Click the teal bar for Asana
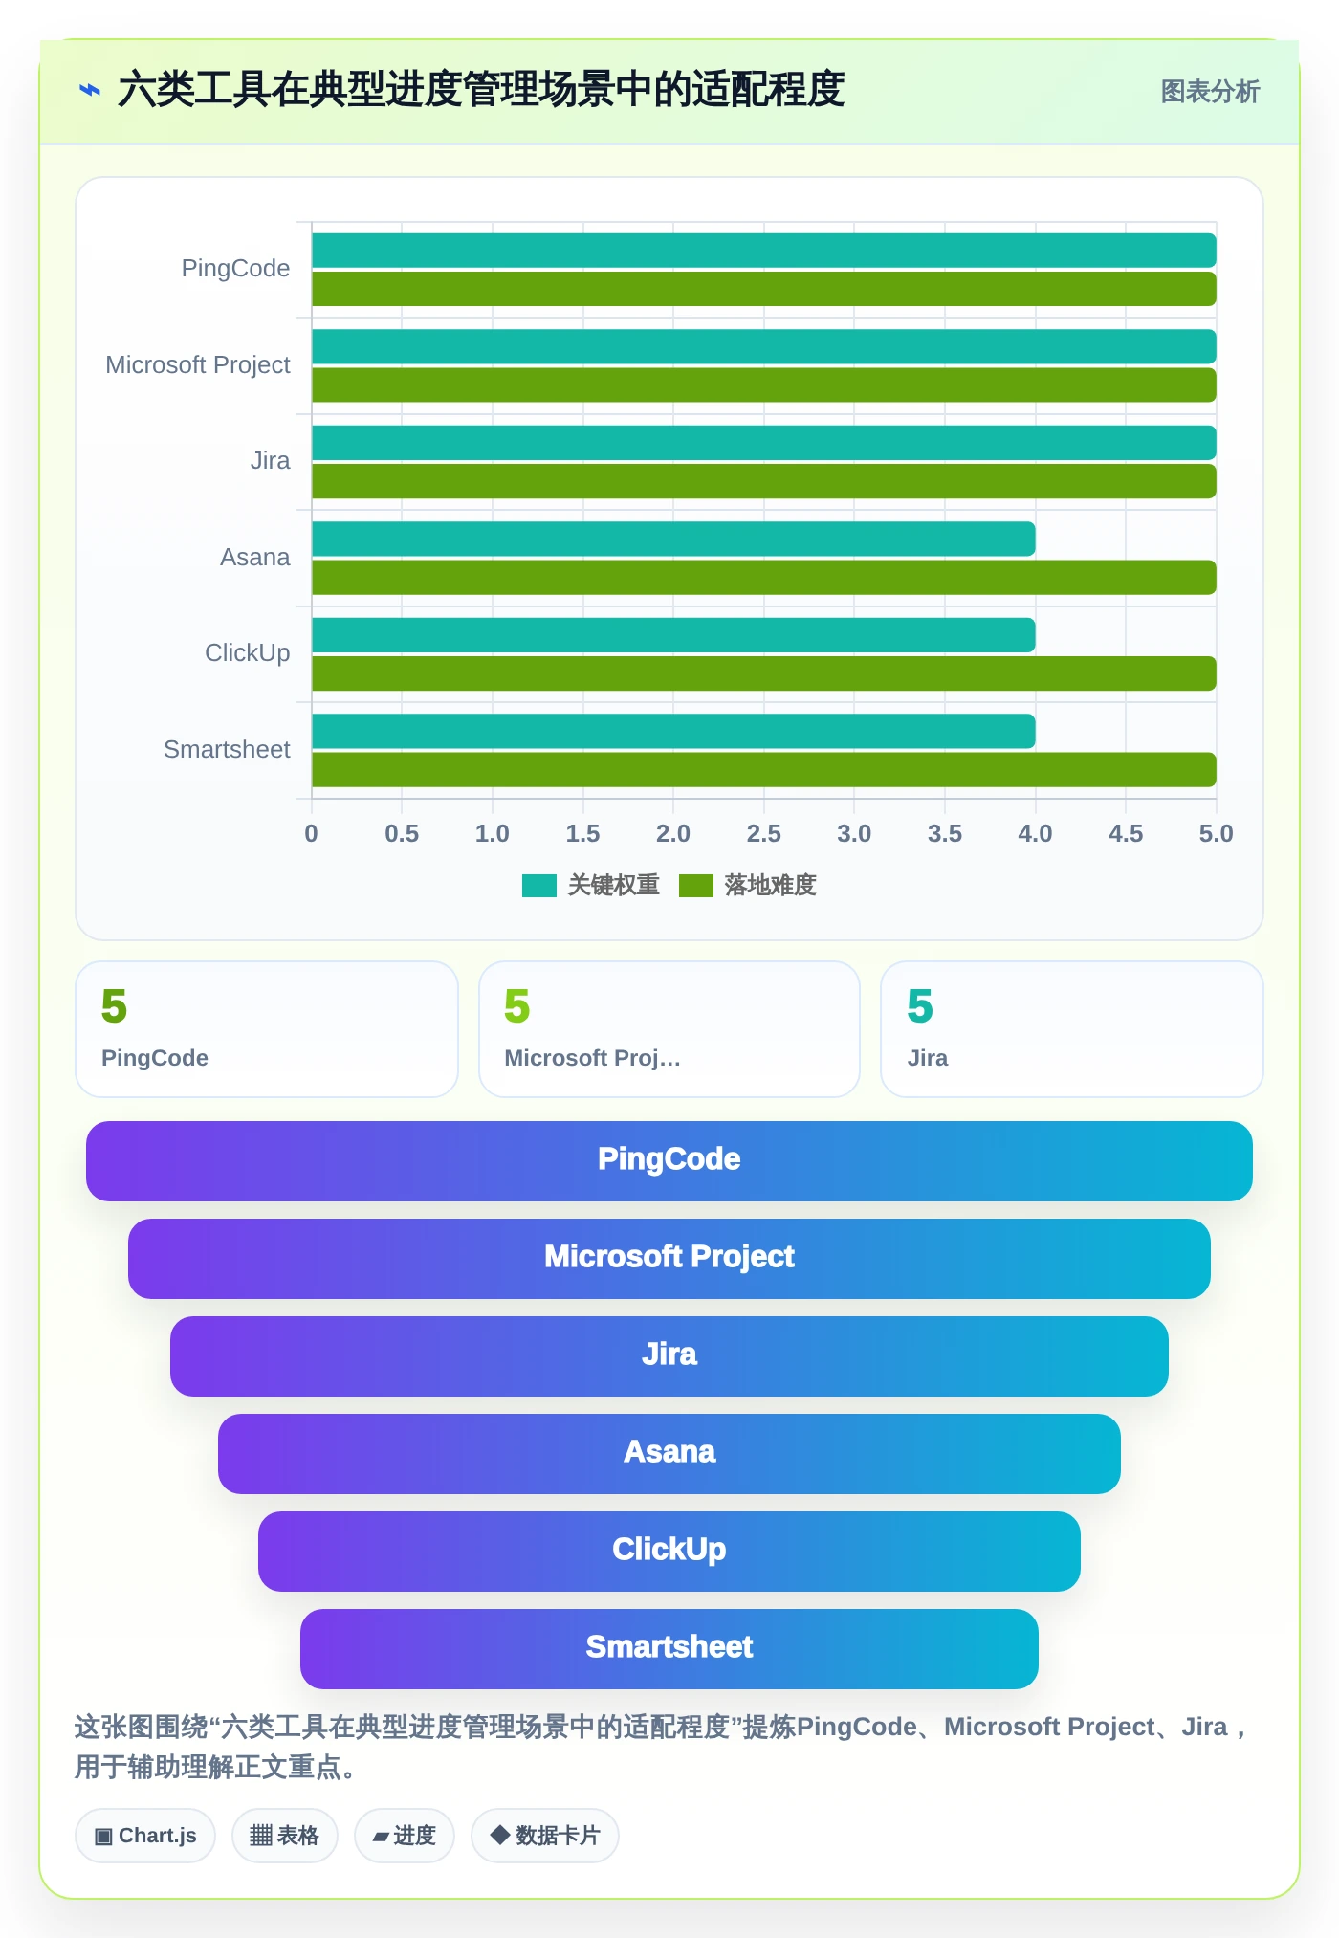click(673, 539)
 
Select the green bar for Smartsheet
click(764, 770)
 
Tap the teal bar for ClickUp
click(673, 635)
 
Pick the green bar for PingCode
click(764, 289)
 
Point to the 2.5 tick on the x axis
click(763, 833)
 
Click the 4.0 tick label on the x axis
click(1035, 833)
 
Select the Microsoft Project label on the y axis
click(198, 364)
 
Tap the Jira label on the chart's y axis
click(270, 460)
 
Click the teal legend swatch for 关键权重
click(539, 886)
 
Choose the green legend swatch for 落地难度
click(696, 886)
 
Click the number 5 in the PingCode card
click(114, 1006)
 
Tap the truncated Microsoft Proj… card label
click(592, 1058)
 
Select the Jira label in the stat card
click(928, 1058)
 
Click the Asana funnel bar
click(669, 1453)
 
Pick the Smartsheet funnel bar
click(669, 1648)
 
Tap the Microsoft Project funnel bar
click(669, 1258)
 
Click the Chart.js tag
click(145, 1836)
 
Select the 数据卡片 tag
click(545, 1836)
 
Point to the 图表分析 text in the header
click(1210, 92)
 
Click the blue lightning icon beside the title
click(90, 91)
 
